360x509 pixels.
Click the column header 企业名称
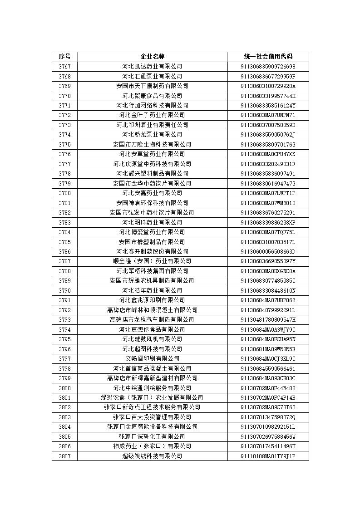(x=152, y=57)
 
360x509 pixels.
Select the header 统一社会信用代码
(x=268, y=57)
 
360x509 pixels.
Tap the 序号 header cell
(x=64, y=57)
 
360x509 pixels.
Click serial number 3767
(x=64, y=67)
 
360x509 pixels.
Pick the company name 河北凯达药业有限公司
(x=152, y=67)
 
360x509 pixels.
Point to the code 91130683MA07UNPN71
(x=268, y=115)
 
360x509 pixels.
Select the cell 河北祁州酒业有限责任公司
(x=152, y=125)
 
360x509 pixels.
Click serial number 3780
(x=64, y=193)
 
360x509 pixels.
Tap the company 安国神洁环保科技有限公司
(x=152, y=203)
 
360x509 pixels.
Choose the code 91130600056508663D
(x=268, y=252)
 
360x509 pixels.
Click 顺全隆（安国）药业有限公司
(x=152, y=261)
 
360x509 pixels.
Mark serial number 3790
(x=64, y=290)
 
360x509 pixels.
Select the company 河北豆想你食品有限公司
(x=152, y=329)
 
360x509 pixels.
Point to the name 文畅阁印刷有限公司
(x=152, y=358)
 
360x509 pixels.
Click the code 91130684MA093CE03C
(x=268, y=378)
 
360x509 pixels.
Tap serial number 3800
(x=64, y=388)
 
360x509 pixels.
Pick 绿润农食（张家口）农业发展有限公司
(x=152, y=397)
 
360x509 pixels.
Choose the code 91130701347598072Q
(x=268, y=417)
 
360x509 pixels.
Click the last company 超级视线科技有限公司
(x=152, y=456)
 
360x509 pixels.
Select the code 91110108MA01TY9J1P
(x=268, y=456)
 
